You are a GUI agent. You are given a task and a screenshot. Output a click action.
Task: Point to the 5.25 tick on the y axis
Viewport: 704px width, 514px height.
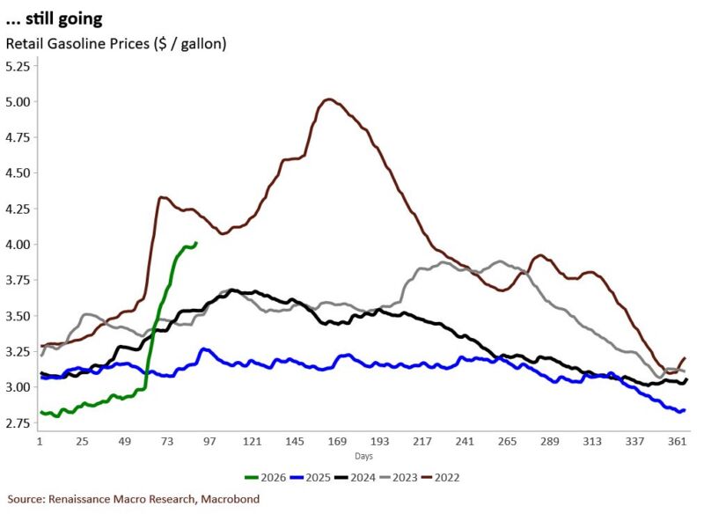(x=18, y=66)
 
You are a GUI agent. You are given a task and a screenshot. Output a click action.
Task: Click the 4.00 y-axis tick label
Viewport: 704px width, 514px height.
(x=18, y=244)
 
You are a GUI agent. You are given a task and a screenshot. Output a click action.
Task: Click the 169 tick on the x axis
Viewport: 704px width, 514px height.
(x=336, y=439)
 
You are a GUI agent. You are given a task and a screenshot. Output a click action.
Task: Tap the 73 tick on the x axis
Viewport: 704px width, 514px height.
(x=166, y=439)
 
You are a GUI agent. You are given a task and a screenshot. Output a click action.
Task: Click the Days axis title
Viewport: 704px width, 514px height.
(x=363, y=456)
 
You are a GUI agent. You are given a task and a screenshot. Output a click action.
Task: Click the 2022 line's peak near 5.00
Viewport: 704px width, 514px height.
(x=328, y=99)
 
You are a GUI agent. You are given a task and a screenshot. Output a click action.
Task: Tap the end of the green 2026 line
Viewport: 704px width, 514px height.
(x=195, y=243)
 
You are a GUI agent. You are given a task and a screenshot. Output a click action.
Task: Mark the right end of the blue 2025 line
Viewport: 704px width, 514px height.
(x=684, y=409)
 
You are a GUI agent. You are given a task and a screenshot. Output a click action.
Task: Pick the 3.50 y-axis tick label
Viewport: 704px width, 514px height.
(x=18, y=315)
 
